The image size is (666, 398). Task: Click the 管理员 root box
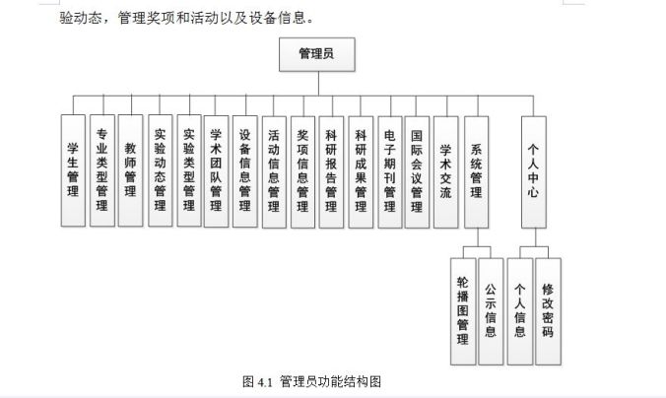pyautogui.click(x=317, y=54)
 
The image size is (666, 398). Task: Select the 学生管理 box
pyautogui.click(x=73, y=170)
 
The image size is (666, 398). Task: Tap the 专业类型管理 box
pyautogui.click(x=101, y=170)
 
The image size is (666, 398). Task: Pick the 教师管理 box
pyautogui.click(x=130, y=170)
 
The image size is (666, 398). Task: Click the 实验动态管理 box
pyautogui.click(x=161, y=170)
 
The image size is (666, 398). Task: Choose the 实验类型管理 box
pyautogui.click(x=189, y=170)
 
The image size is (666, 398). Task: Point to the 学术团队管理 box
pyautogui.click(x=216, y=171)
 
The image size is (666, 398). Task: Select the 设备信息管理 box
pyautogui.click(x=245, y=171)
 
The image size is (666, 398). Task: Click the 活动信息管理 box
pyautogui.click(x=274, y=172)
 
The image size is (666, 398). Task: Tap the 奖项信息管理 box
pyautogui.click(x=302, y=172)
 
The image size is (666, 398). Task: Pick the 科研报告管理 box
pyautogui.click(x=331, y=172)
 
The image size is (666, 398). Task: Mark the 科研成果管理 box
pyautogui.click(x=361, y=172)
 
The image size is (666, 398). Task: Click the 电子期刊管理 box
pyautogui.click(x=390, y=172)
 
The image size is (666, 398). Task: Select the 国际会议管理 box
pyautogui.click(x=417, y=172)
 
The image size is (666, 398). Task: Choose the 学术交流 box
pyautogui.click(x=446, y=172)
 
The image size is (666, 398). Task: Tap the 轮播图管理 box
pyautogui.click(x=463, y=311)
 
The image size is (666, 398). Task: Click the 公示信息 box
pyautogui.click(x=491, y=311)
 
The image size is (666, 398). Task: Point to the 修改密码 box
pyautogui.click(x=548, y=311)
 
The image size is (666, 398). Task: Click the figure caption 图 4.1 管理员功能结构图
pyautogui.click(x=311, y=381)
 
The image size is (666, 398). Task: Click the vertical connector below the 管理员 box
pyautogui.click(x=318, y=84)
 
